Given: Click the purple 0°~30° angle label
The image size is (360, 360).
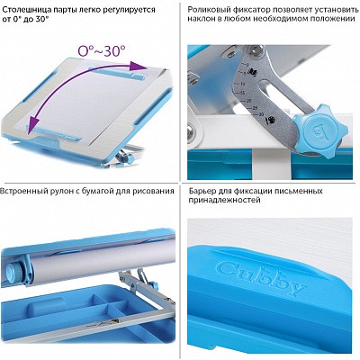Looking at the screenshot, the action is click(x=101, y=51).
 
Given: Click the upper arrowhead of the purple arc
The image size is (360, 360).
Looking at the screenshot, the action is click(x=138, y=66).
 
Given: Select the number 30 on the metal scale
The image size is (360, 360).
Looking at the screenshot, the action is click(x=261, y=114).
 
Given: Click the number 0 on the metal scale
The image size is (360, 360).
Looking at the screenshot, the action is click(x=247, y=64).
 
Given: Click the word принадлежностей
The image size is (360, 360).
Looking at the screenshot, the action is click(x=225, y=200).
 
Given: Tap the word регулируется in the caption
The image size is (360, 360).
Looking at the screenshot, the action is click(x=130, y=10).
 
